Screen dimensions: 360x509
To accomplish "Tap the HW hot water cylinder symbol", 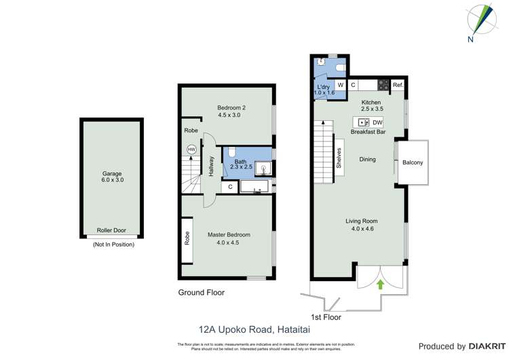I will point(191,149).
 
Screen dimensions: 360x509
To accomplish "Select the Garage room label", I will point(111,174).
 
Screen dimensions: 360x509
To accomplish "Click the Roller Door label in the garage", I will point(111,230).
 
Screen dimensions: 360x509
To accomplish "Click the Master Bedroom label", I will point(227,234).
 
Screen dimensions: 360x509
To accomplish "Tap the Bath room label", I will point(240,162).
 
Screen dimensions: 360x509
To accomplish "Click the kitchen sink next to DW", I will point(363,122).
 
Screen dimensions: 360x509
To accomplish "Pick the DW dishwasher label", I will point(377,122).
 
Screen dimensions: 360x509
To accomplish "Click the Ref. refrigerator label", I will point(398,86).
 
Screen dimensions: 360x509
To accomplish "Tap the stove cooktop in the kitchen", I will point(383,86).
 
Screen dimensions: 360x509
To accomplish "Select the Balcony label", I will point(413,162).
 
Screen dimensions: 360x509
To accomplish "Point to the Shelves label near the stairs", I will point(338,158).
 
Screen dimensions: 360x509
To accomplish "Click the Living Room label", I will point(361,221).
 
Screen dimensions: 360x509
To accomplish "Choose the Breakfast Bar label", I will point(367,132).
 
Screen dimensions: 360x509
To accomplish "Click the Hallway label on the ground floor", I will point(211,166).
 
